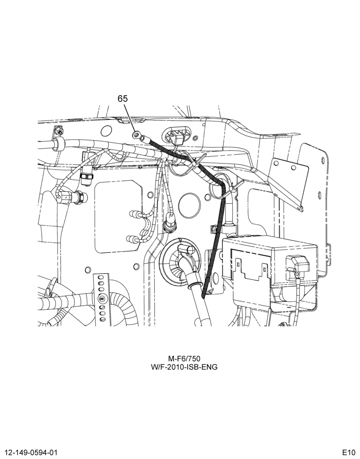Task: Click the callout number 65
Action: [123, 99]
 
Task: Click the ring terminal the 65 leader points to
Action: [136, 135]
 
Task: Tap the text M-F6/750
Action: [184, 358]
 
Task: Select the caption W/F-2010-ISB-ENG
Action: [184, 367]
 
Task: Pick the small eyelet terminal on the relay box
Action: [297, 274]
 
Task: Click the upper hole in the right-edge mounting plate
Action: [323, 160]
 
